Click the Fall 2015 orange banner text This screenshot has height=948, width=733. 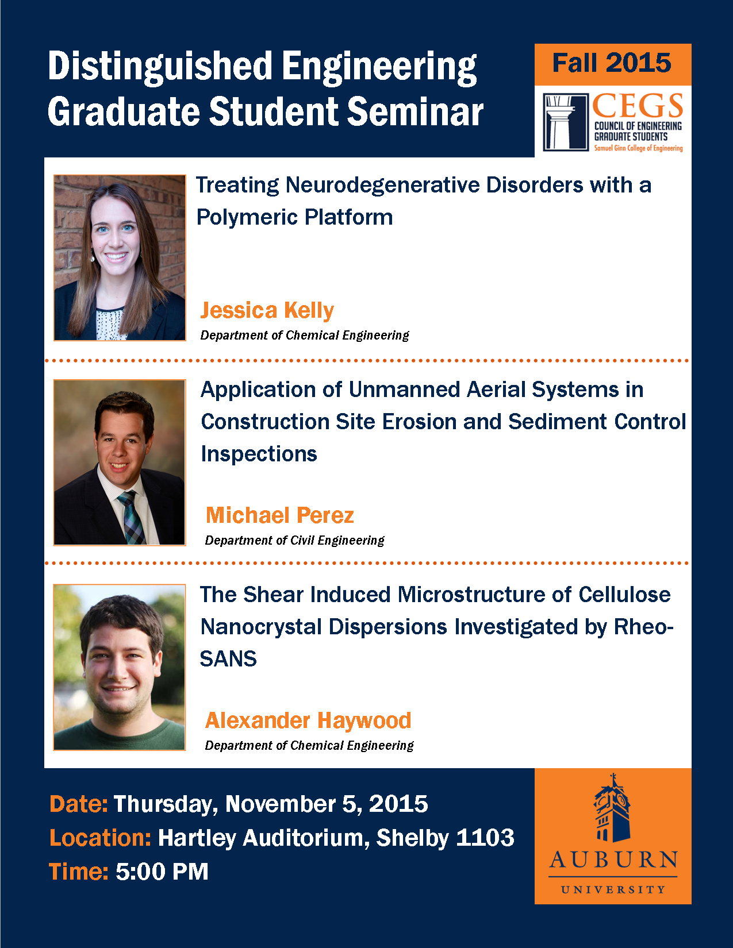(x=612, y=63)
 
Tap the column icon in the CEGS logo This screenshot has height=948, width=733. (x=566, y=122)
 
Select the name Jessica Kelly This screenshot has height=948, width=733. (x=267, y=311)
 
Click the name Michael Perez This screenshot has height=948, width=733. (x=279, y=515)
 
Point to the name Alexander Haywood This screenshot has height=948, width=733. (x=308, y=720)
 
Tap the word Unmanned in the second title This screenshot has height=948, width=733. (x=404, y=389)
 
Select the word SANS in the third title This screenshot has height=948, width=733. (x=228, y=659)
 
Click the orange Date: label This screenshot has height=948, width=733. (x=79, y=804)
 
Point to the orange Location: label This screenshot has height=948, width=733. (x=101, y=838)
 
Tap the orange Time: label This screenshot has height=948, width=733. (x=79, y=872)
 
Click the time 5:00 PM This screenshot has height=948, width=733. (x=162, y=872)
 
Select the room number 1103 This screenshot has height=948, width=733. (x=485, y=838)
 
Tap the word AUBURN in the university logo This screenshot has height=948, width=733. (x=613, y=861)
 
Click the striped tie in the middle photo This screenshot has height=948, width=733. (x=132, y=517)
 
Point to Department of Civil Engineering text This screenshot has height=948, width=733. (x=295, y=541)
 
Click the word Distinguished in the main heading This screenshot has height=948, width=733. (x=160, y=66)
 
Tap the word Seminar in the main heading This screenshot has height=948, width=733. (x=415, y=111)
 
